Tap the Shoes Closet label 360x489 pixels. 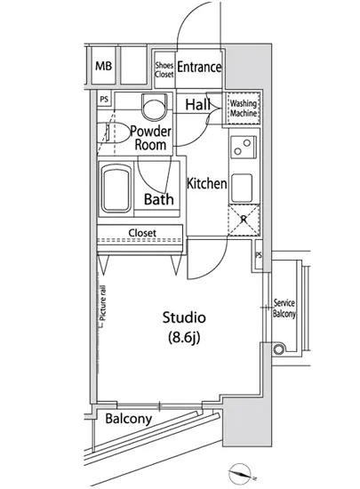(x=164, y=69)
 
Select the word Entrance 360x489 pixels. (x=199, y=68)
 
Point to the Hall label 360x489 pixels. (x=197, y=106)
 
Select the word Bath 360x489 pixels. (x=158, y=200)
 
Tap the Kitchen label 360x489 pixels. (x=206, y=183)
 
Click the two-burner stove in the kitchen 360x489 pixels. (x=241, y=147)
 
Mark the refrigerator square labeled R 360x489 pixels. (x=242, y=219)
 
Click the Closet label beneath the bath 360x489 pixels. (x=142, y=234)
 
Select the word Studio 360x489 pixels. (x=184, y=317)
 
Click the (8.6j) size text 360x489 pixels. (x=184, y=338)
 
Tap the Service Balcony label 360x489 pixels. (x=284, y=309)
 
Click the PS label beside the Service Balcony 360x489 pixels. (x=259, y=256)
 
